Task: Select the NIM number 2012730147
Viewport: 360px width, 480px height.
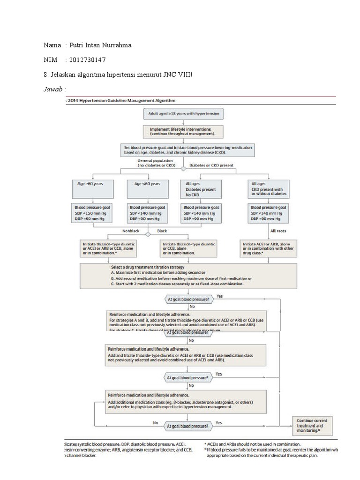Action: [x=87, y=60]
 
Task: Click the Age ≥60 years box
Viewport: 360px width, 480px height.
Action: [x=93, y=189]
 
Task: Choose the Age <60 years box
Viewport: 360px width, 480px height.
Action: [x=148, y=189]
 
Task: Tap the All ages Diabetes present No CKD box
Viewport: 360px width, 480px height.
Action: [x=201, y=189]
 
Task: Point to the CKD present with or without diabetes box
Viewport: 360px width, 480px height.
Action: [x=268, y=189]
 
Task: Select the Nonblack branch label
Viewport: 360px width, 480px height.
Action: [x=131, y=231]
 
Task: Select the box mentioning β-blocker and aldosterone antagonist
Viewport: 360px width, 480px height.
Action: [x=187, y=401]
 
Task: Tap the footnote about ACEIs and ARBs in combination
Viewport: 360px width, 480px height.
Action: [x=253, y=444]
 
